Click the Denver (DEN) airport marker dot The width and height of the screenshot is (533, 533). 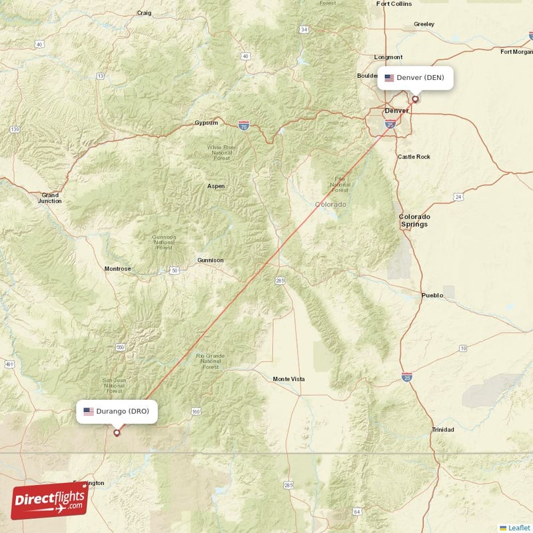(x=415, y=99)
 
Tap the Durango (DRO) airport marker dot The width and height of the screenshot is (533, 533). (x=117, y=432)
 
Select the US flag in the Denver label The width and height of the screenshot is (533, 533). (x=389, y=78)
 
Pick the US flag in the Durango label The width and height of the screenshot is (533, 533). (x=88, y=411)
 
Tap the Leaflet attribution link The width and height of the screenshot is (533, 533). (x=518, y=527)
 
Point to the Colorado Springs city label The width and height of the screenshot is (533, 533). (x=414, y=221)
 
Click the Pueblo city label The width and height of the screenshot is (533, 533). (x=432, y=295)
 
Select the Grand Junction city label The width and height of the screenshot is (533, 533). (x=49, y=197)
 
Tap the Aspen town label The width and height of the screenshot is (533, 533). (x=216, y=187)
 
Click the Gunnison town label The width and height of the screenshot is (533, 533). (x=211, y=260)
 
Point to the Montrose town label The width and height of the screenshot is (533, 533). (x=118, y=268)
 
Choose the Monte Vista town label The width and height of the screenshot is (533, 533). (x=288, y=379)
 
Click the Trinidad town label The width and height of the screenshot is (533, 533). (x=442, y=430)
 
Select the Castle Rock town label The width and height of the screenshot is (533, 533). (x=414, y=157)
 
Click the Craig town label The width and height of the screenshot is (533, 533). (x=144, y=13)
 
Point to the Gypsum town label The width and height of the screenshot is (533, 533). (x=206, y=123)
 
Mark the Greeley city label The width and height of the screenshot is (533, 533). (x=424, y=24)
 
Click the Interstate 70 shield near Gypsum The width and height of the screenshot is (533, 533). (x=244, y=125)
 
